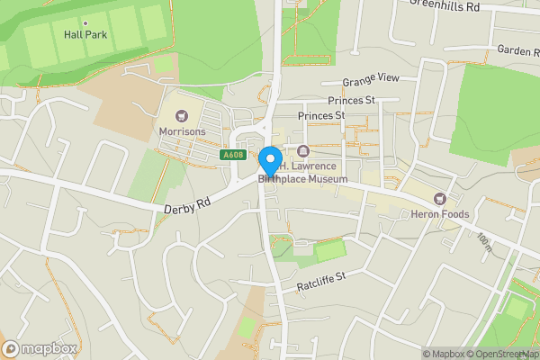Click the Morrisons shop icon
click(183, 116)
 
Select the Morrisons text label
click(183, 131)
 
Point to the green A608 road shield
click(232, 156)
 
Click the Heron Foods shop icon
click(440, 198)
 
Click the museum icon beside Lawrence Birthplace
click(303, 150)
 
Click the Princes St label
click(321, 116)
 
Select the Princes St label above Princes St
click(351, 100)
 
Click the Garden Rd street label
click(517, 51)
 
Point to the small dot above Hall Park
click(85, 22)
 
